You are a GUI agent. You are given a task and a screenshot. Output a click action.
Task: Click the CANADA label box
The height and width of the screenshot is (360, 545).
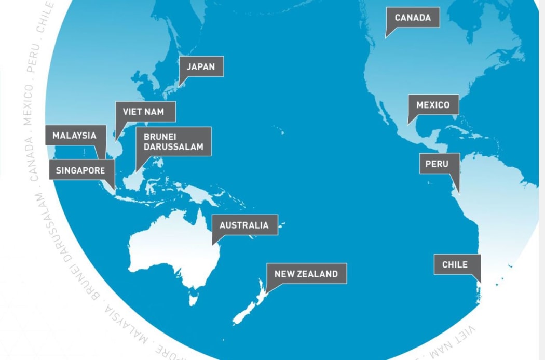pos(413,18)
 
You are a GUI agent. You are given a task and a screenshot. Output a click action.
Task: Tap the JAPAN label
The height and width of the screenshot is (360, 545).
pos(201,66)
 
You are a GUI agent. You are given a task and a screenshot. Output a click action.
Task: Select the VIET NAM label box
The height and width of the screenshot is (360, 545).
pos(145,112)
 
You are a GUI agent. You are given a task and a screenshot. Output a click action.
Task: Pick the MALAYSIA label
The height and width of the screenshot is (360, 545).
pos(74,136)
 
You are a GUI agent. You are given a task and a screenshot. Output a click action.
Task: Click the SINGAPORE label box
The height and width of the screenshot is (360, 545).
pos(80,170)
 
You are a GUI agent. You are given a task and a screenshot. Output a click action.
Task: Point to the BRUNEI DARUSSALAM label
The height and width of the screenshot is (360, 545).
pos(173,141)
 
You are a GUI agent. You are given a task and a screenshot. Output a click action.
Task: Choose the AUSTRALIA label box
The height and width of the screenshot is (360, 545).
pos(244,225)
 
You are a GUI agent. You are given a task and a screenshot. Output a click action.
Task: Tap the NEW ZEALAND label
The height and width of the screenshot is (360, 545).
pos(306,274)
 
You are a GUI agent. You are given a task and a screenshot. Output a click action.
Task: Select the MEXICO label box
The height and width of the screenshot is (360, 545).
pos(433,105)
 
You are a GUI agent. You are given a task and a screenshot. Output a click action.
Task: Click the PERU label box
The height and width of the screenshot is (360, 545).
pos(437,164)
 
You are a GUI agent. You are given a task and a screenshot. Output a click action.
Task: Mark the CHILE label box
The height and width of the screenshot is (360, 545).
pos(455,264)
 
